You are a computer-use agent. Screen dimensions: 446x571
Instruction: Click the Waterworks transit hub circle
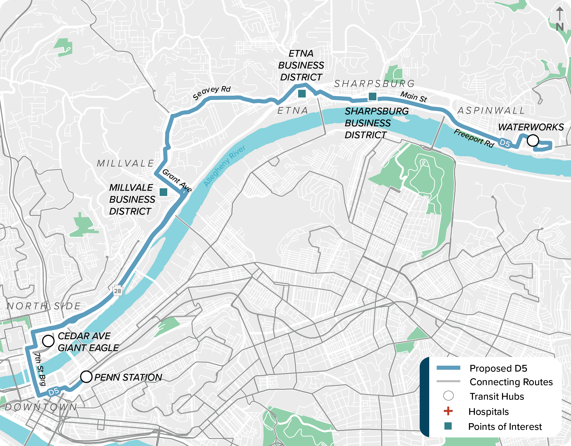click(x=532, y=140)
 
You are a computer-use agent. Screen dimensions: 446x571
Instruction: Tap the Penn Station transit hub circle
click(x=86, y=377)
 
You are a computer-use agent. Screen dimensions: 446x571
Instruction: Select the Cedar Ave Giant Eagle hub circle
click(x=48, y=341)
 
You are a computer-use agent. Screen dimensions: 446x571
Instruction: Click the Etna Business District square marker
click(x=302, y=93)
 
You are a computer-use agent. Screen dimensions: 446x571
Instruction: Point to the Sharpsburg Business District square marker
click(x=372, y=97)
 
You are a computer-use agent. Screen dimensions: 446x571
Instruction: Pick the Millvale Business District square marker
click(x=163, y=192)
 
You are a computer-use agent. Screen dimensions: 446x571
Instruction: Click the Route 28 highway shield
click(x=118, y=291)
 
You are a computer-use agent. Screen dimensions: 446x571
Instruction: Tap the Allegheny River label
click(x=224, y=166)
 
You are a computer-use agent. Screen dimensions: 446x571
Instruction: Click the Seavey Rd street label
click(x=212, y=93)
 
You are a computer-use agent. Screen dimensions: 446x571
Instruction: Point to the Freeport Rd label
click(x=474, y=138)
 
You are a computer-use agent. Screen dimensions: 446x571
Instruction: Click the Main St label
click(x=413, y=97)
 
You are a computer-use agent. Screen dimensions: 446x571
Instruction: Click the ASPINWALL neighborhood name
click(x=491, y=111)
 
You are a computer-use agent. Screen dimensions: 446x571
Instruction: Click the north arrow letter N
click(x=560, y=27)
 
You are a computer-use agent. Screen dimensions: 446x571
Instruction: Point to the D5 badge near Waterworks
click(x=505, y=143)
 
